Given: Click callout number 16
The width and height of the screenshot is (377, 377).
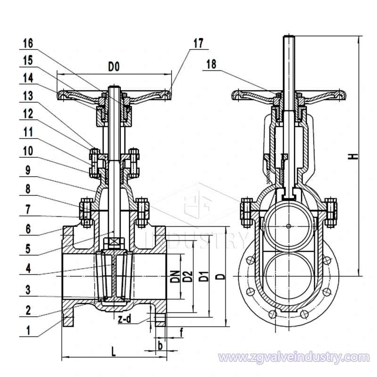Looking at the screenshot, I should pos(27,43).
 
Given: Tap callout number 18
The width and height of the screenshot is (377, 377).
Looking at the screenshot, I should pos(211,66).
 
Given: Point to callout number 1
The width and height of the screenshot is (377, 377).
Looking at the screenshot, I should pos(27,331).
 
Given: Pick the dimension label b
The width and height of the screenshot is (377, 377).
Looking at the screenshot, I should pos(160,346).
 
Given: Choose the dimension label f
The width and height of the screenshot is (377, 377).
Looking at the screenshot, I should pos(182,333).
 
